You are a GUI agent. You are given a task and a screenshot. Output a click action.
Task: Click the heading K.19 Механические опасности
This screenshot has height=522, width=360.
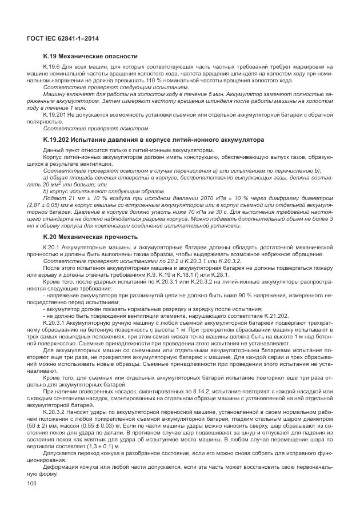tap(90, 57)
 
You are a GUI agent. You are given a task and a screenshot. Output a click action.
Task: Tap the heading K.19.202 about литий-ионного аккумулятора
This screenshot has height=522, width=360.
tap(153, 139)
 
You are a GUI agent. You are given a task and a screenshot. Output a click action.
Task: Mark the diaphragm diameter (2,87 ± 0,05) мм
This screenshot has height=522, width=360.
tap(50, 204)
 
